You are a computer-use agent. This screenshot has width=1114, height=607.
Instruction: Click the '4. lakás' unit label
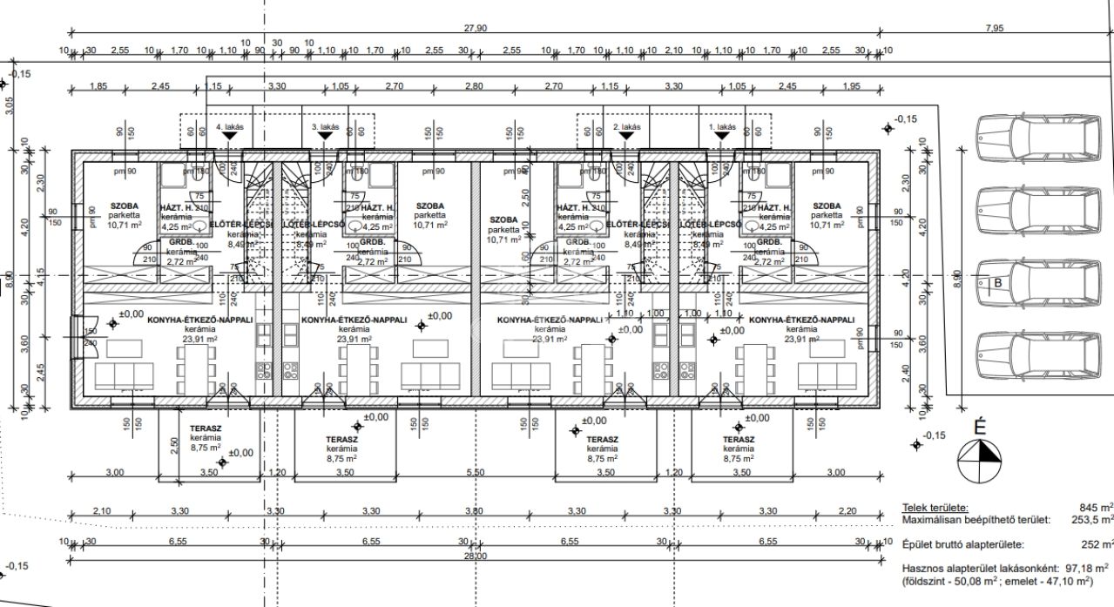pyautogui.click(x=230, y=127)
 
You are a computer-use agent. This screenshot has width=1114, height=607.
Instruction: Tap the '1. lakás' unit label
pyautogui.click(x=722, y=127)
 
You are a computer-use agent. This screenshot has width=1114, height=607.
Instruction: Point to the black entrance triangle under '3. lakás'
pyautogui.click(x=325, y=137)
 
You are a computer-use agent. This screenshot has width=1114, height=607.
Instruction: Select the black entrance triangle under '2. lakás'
pyautogui.click(x=626, y=137)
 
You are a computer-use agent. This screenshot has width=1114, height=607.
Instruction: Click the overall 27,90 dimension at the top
pyautogui.click(x=476, y=29)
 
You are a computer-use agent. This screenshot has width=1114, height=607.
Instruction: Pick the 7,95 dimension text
pyautogui.click(x=994, y=29)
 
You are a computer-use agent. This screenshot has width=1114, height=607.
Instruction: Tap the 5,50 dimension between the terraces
pyautogui.click(x=476, y=472)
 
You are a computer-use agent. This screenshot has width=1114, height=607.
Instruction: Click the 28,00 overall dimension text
pyautogui.click(x=475, y=556)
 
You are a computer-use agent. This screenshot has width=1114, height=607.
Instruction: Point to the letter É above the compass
pyautogui.click(x=979, y=428)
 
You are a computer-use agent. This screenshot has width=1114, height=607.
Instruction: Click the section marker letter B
pyautogui.click(x=998, y=282)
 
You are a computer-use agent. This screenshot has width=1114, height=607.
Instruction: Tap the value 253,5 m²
pyautogui.click(x=1092, y=519)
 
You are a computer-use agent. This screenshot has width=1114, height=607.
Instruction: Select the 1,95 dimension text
pyautogui.click(x=851, y=86)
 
